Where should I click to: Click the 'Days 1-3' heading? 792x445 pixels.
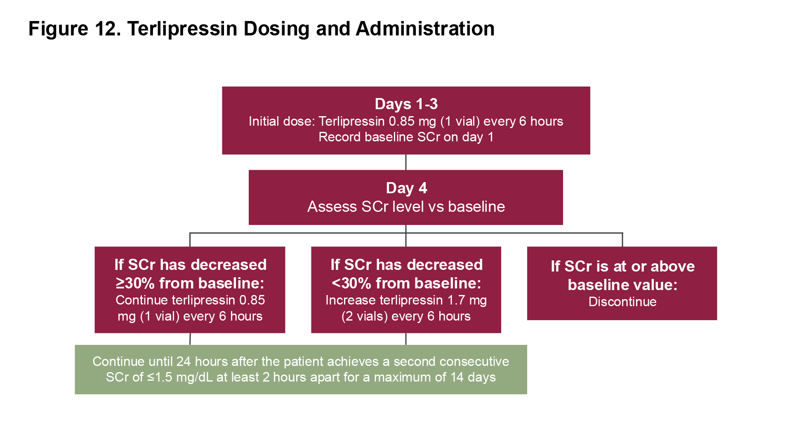pyautogui.click(x=406, y=104)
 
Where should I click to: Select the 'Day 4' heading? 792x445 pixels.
pyautogui.click(x=406, y=188)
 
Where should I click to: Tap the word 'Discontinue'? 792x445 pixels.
pyautogui.click(x=622, y=302)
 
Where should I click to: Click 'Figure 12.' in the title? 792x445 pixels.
pyautogui.click(x=74, y=29)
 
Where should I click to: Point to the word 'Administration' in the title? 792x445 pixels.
pyautogui.click(x=425, y=29)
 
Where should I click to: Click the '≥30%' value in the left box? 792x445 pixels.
pyautogui.click(x=135, y=283)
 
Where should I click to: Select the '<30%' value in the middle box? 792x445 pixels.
pyautogui.click(x=352, y=283)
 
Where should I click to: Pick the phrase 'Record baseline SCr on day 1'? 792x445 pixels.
pyautogui.click(x=406, y=137)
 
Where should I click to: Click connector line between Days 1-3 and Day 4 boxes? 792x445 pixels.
pyautogui.click(x=406, y=162)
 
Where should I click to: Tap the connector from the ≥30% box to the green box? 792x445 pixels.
pyautogui.click(x=190, y=339)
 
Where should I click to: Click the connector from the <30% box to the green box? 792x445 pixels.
pyautogui.click(x=406, y=339)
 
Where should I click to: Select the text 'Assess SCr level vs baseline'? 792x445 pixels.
pyautogui.click(x=406, y=206)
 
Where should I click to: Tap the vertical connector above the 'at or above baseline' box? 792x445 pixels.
pyautogui.click(x=622, y=240)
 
